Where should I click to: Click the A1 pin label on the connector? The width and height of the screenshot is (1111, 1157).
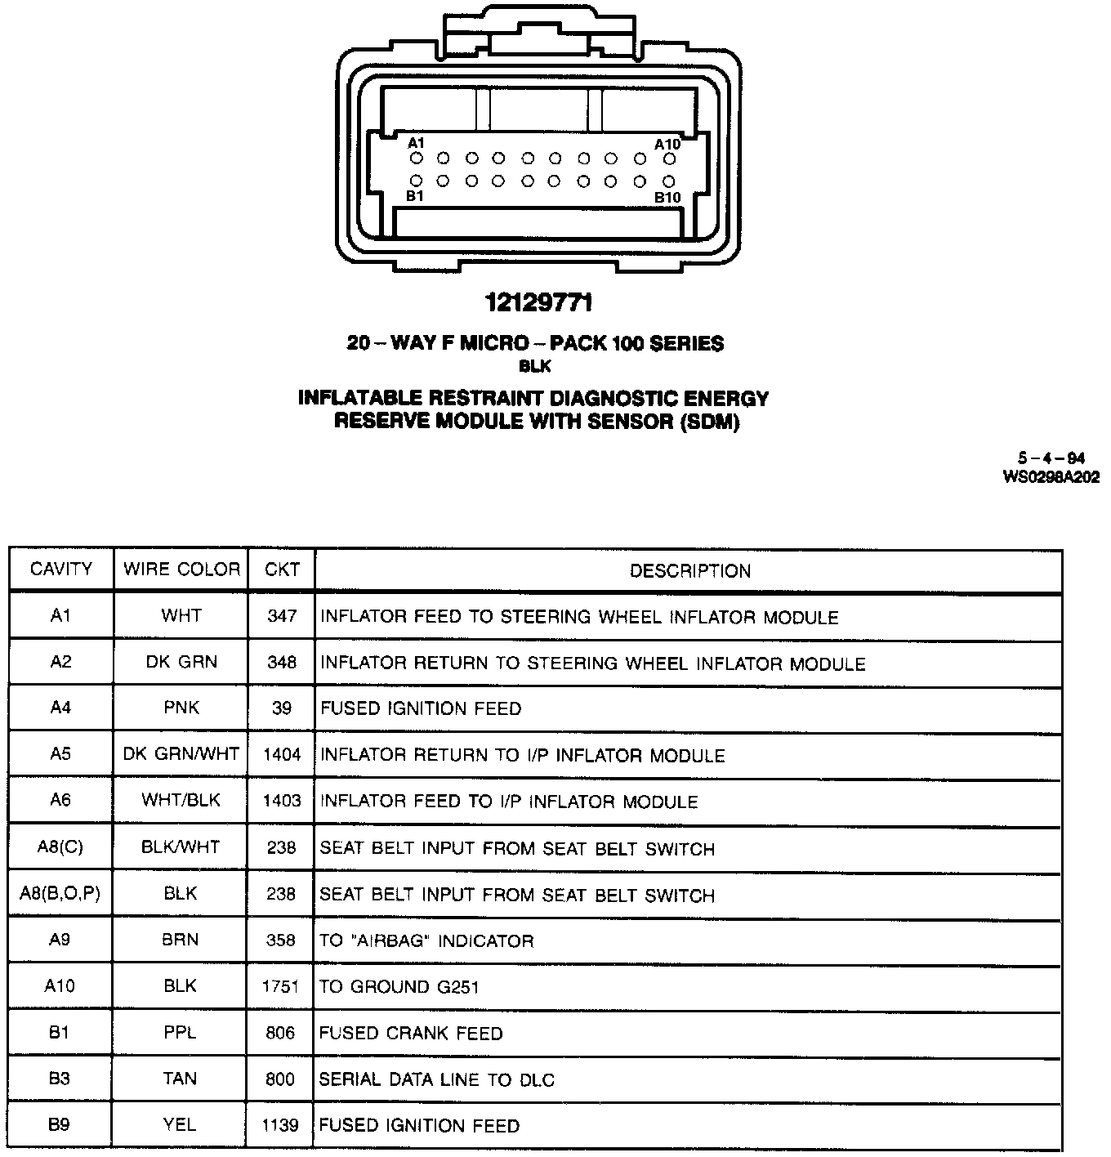pos(417,143)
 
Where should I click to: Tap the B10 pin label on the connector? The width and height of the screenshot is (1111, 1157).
pos(667,198)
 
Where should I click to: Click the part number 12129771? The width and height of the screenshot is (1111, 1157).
pos(538,303)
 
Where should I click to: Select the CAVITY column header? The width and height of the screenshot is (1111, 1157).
pos(61,570)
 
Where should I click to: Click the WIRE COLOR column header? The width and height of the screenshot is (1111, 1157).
pos(181,570)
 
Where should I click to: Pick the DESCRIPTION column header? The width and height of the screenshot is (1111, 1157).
pos(689,571)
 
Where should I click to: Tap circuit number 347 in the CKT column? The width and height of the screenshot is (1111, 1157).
pos(282,616)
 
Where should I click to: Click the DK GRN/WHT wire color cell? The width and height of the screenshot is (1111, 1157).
pos(181,754)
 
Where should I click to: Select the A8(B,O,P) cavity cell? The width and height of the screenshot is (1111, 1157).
pos(60,894)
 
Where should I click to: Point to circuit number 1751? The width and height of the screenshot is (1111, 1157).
pos(281,986)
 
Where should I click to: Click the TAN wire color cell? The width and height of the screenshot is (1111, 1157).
pos(180,1079)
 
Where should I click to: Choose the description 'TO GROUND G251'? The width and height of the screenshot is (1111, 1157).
pos(399,987)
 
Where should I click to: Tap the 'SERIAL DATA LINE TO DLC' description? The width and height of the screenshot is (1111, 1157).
pos(436,1079)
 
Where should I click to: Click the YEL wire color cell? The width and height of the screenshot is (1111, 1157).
pos(180,1125)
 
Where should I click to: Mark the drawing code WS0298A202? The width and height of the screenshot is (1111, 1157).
pos(1051,477)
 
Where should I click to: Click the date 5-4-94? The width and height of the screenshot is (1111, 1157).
pos(1051,459)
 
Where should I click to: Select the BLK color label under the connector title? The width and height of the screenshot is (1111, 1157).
pos(535,367)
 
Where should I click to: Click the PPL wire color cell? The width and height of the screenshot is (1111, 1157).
pos(180,1033)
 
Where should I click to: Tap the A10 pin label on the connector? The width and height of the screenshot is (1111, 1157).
pos(667,144)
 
